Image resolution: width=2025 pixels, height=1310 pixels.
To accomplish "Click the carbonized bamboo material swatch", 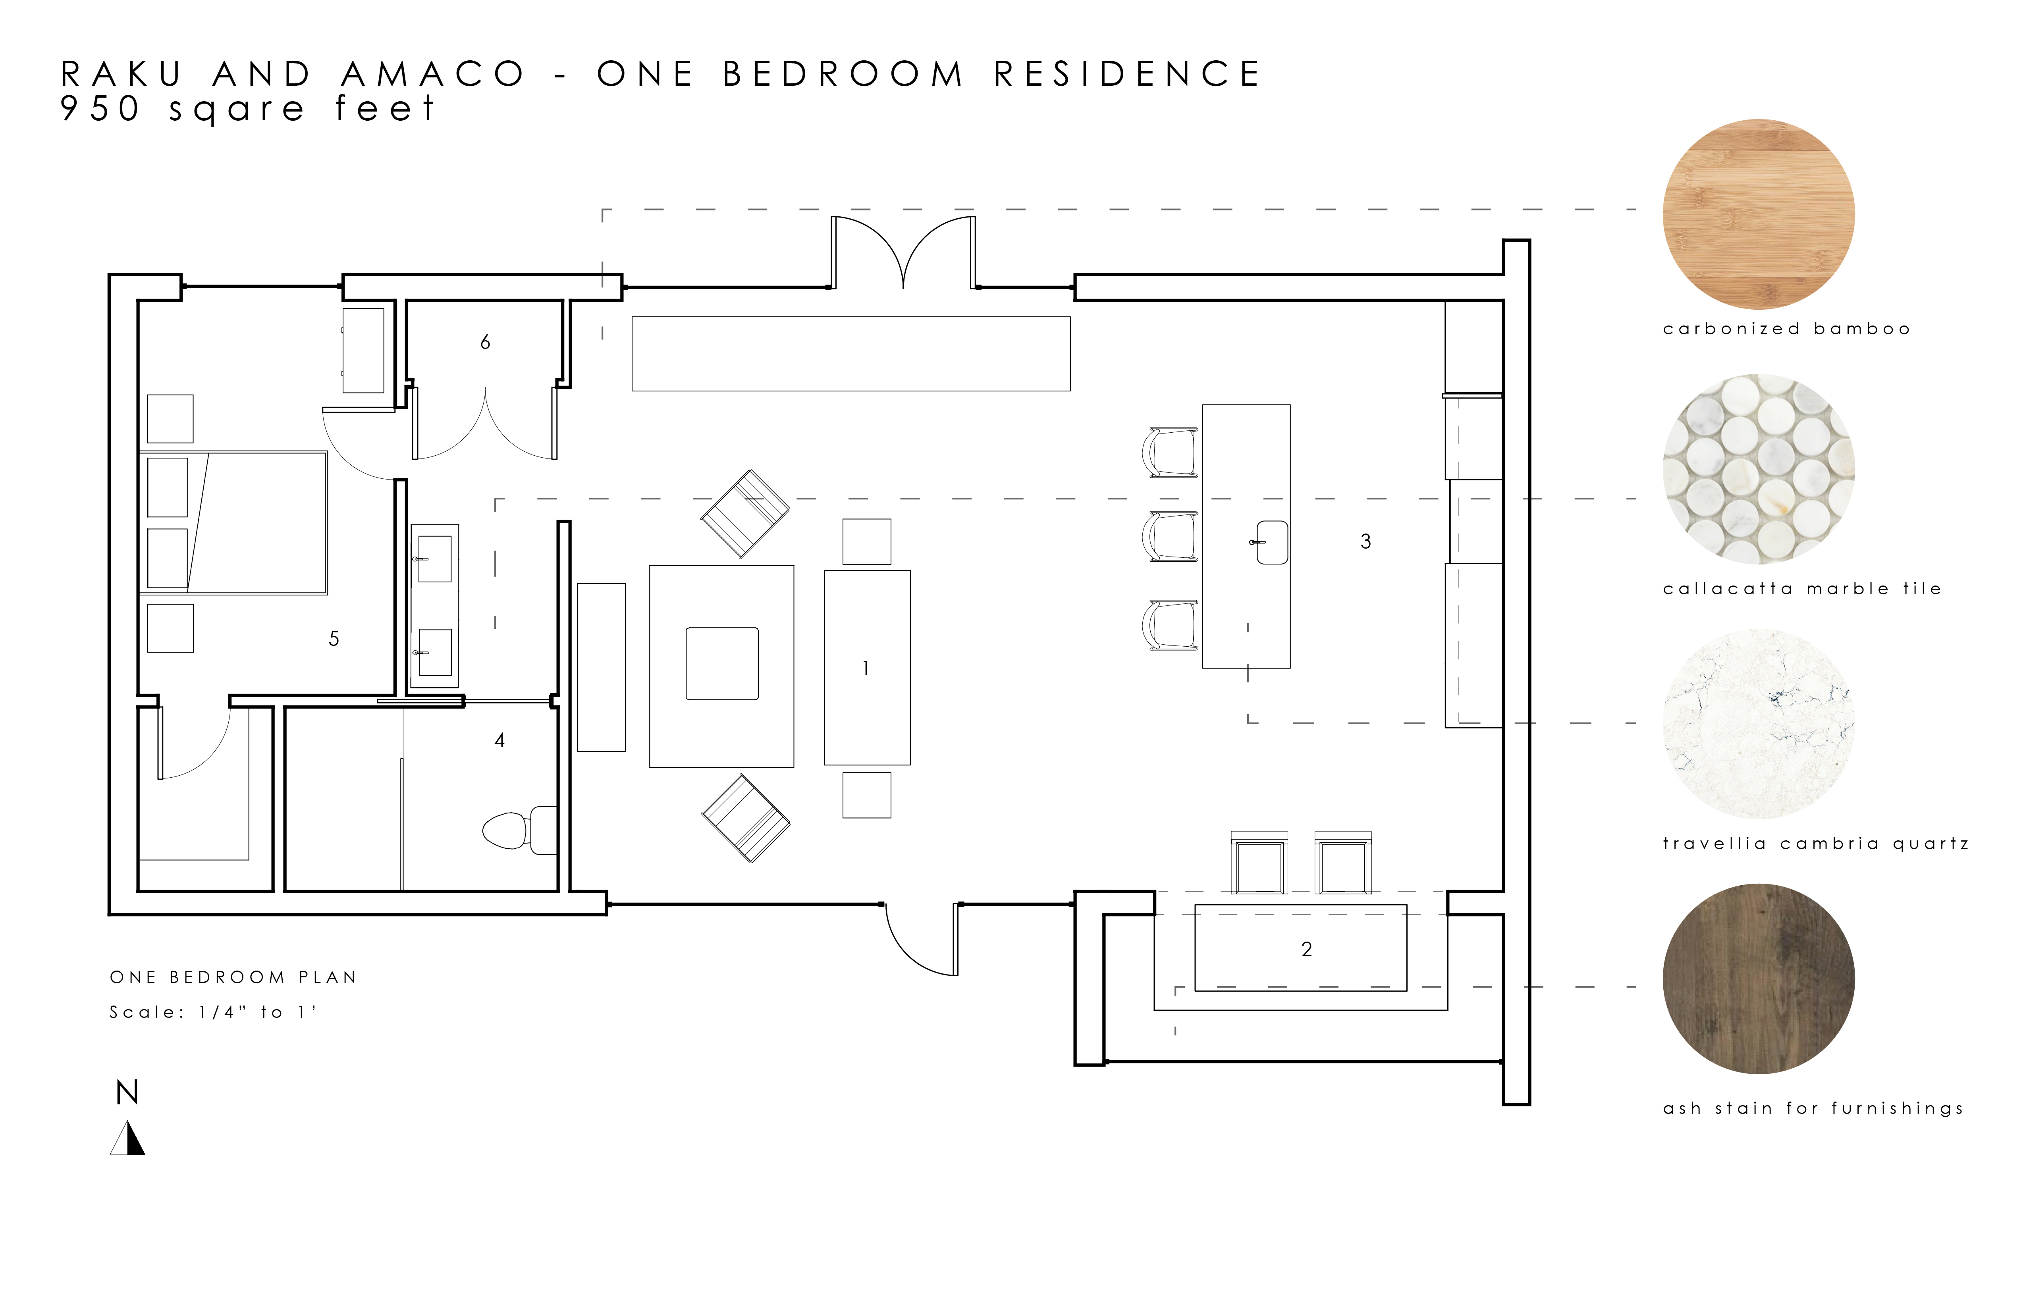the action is pyautogui.click(x=1759, y=214).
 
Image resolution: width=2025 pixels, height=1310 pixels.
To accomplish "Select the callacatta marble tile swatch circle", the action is pyautogui.click(x=1759, y=469).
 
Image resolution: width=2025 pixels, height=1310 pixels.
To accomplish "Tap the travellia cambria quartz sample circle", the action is pyautogui.click(x=1759, y=724).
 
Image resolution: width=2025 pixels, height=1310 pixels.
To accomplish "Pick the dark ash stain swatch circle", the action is pyautogui.click(x=1759, y=979).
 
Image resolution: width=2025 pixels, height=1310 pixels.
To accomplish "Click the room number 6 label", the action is pyautogui.click(x=485, y=342).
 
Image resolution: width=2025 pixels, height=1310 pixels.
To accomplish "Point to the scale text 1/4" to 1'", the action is pyautogui.click(x=257, y=1012).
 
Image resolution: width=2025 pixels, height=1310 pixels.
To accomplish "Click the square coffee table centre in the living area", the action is pyautogui.click(x=722, y=663).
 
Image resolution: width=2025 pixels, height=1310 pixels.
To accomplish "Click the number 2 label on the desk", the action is pyautogui.click(x=1307, y=949).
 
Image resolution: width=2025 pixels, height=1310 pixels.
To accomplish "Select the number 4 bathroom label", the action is pyautogui.click(x=499, y=741).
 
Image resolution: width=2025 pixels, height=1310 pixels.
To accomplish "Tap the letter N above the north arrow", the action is pyautogui.click(x=127, y=1092).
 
